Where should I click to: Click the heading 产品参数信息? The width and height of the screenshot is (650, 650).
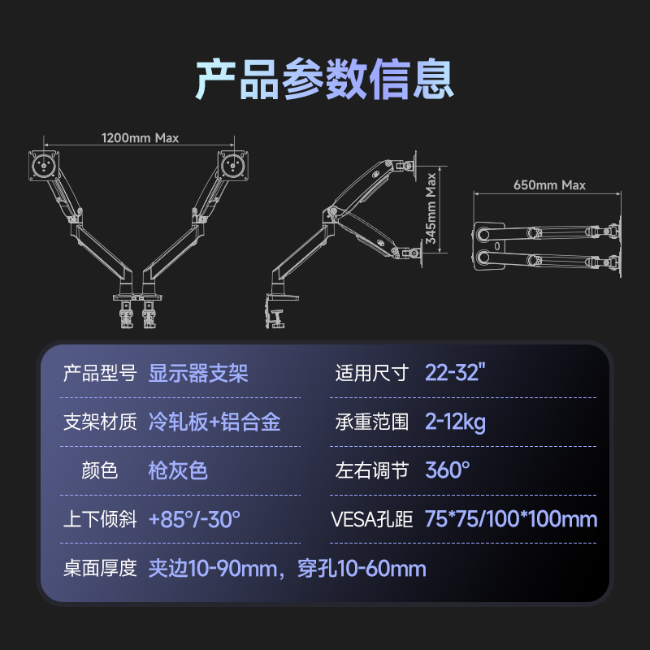coord(324,79)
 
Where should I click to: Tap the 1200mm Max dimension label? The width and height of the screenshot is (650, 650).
coord(140,137)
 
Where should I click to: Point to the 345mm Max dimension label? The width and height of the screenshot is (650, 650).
coord(431,208)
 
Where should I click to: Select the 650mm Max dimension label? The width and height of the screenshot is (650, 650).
coord(550,184)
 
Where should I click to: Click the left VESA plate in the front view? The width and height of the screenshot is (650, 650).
coord(43,165)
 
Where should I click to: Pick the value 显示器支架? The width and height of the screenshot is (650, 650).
coord(198,373)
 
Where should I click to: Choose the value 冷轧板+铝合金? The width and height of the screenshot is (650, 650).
coord(215,422)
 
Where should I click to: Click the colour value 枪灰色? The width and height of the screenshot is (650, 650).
coord(179,470)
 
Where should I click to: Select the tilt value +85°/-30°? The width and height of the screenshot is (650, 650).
coord(194,519)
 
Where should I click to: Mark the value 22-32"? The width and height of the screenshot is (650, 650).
coord(455,373)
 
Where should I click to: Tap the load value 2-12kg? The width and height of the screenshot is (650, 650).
coord(456,422)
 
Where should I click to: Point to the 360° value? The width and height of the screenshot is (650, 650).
coord(448,470)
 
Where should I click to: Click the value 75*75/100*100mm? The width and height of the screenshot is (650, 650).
coord(511,519)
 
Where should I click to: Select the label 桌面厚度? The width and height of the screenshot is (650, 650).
coord(100,568)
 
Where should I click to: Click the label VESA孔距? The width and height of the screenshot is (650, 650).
coord(374,519)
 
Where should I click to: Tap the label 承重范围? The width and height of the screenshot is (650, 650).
coord(372,422)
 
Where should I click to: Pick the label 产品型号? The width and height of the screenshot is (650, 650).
coord(100,373)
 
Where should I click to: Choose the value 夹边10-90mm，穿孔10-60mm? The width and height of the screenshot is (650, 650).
coord(287,568)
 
